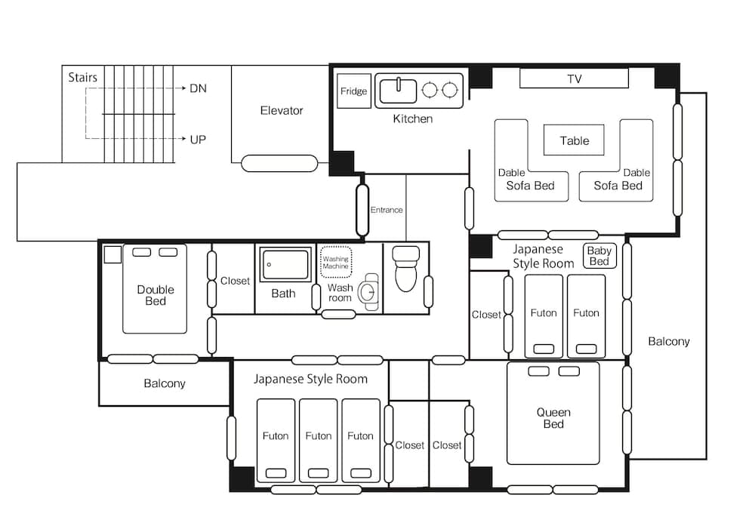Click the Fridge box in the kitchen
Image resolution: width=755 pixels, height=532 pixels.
coord(353,91)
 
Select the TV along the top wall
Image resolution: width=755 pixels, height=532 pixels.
coord(574,78)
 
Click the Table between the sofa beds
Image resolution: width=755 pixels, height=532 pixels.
coord(574,140)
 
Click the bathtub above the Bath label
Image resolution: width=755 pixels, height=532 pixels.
coord(285,265)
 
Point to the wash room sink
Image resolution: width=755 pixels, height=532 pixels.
coord(368,291)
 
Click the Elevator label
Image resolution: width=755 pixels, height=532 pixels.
coord(282,110)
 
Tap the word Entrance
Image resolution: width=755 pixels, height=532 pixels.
coord(386,210)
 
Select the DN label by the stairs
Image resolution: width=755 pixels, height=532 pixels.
coord(198,88)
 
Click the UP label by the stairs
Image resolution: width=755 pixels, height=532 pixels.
coord(198,140)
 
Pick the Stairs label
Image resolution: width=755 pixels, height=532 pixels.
coord(82,77)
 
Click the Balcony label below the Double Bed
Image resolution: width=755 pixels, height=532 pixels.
coord(165,383)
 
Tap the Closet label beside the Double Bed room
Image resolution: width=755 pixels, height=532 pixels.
coord(235,281)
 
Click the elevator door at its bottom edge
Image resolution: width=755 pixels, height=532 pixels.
coord(279,163)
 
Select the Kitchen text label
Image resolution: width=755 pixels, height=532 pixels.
coord(413,118)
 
